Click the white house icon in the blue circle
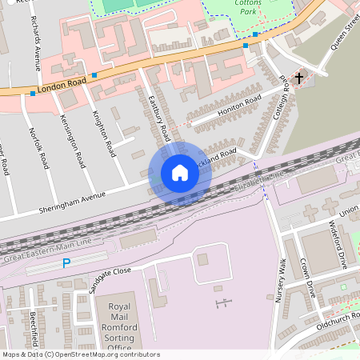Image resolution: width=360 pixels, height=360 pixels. pyautogui.click(x=180, y=173)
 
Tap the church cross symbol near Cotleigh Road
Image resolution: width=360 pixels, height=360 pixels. pyautogui.click(x=299, y=78)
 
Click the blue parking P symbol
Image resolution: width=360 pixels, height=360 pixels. pyautogui.click(x=66, y=263)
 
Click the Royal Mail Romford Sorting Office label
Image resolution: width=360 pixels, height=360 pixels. pyautogui.click(x=119, y=326)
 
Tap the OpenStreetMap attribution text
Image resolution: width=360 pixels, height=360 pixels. pyautogui.click(x=80, y=354)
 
